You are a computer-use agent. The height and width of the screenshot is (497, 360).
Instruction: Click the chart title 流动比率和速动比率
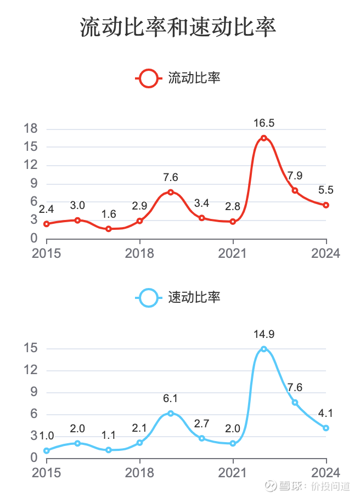coord(178,27)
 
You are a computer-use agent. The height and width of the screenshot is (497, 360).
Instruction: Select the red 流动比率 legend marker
coord(149,78)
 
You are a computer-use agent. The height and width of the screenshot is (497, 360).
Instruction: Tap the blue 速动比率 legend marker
coord(149,298)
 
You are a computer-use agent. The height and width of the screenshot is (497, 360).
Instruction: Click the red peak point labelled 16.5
coord(264,138)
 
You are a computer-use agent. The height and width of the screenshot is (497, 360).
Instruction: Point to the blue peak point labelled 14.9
coord(264,349)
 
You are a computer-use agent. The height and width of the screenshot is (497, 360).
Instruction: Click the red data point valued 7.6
coord(171,192)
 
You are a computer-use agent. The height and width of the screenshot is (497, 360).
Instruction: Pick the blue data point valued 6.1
coord(171,413)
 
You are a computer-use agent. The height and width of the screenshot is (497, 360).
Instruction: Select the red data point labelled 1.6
coord(109,229)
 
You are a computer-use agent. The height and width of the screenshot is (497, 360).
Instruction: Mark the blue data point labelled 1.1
coord(109,450)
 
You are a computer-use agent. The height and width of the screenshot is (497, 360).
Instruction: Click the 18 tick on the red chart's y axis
coord(31,129)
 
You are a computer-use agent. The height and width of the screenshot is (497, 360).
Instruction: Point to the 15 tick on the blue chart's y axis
coord(31,348)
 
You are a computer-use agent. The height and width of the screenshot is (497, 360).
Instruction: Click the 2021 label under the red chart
coord(233,253)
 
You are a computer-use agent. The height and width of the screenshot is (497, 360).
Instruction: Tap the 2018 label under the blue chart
coord(140,472)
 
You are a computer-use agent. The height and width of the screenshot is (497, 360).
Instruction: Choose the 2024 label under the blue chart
coord(327,472)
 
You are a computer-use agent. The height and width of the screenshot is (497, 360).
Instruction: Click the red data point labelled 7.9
coord(295,190)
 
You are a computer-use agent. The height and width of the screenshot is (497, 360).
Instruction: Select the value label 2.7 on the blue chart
coord(202,423)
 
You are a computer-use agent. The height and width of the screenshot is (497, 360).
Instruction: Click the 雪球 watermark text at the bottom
coord(292,485)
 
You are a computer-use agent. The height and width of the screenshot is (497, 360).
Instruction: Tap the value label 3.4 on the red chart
coord(202,204)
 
